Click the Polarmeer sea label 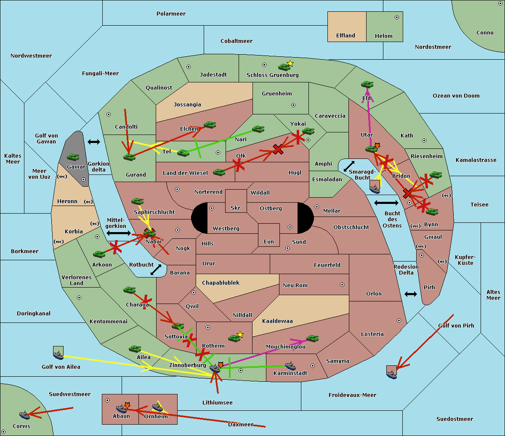tap(171, 14)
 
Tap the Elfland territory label tap(346, 36)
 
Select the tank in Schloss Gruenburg tap(284, 66)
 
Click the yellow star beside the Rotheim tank tap(240, 335)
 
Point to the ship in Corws tap(25, 415)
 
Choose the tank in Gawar tap(73, 157)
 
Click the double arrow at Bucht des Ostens tap(386, 203)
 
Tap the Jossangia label tap(187, 105)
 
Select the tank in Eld tap(367, 85)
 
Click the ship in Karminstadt tap(290, 366)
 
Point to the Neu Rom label tap(295, 285)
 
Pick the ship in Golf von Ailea tap(58, 356)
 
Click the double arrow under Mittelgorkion tap(119, 233)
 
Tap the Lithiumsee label tap(218, 403)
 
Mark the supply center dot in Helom tap(396, 17)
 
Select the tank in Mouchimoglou tap(312, 338)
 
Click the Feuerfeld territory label tap(327, 265)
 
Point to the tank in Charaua tap(130, 290)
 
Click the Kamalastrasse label tap(476, 160)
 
